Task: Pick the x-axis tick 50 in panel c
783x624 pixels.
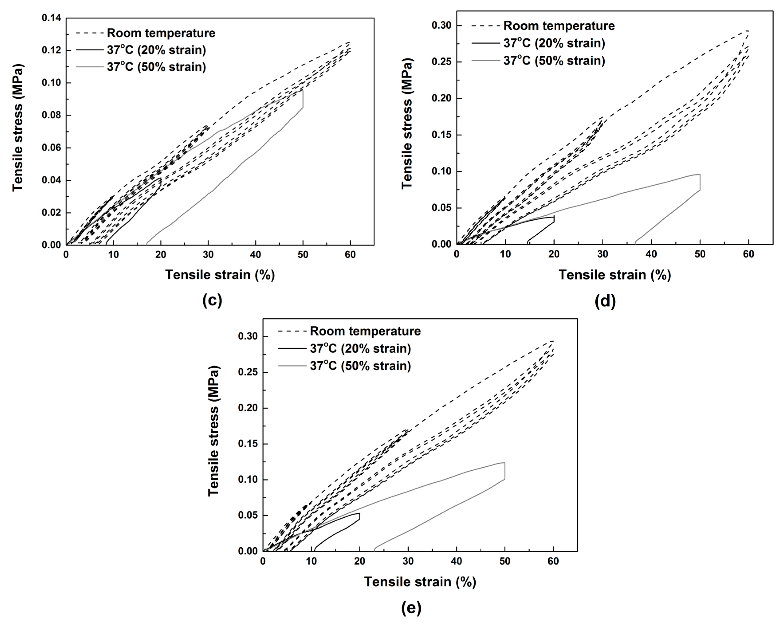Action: (303, 255)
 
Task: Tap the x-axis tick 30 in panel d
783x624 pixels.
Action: (602, 254)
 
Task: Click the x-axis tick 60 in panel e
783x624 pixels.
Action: (553, 561)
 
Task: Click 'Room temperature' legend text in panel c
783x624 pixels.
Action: (161, 33)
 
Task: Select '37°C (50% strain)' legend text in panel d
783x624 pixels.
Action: (554, 61)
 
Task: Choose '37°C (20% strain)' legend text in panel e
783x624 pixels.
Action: (360, 348)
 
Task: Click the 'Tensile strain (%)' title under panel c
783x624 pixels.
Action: (220, 275)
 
